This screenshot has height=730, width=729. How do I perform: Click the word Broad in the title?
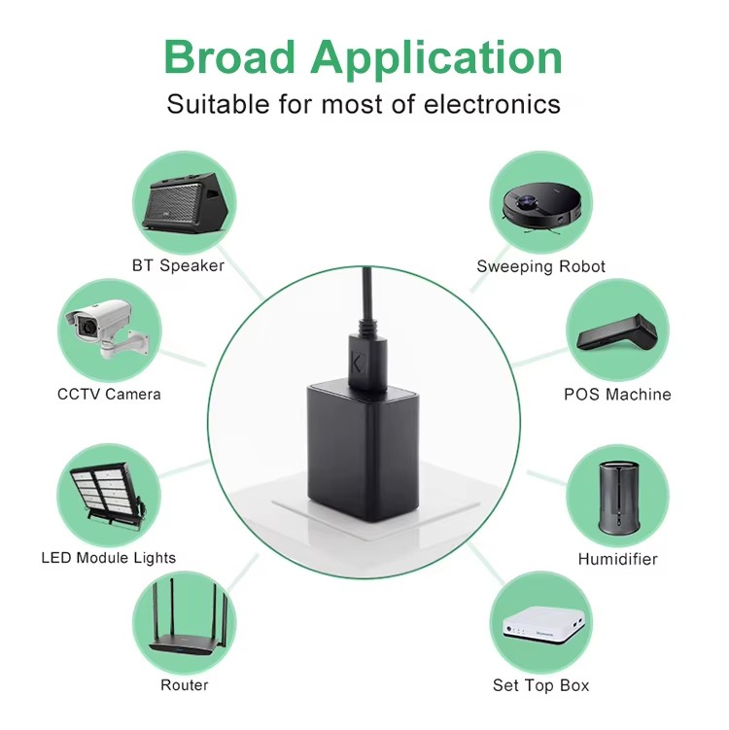click(x=230, y=56)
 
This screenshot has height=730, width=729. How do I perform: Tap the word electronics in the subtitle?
click(x=492, y=104)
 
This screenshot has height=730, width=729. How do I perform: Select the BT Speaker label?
click(x=178, y=265)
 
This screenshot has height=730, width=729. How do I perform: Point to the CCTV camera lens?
click(x=87, y=327)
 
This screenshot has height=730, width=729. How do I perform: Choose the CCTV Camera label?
click(x=109, y=395)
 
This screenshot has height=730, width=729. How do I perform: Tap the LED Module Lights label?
click(x=109, y=558)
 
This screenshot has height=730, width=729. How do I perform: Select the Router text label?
click(x=185, y=685)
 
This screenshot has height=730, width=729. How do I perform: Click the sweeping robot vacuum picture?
click(x=542, y=208)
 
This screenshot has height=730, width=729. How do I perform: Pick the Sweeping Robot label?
click(x=541, y=266)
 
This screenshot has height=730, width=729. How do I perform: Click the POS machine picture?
click(x=617, y=331)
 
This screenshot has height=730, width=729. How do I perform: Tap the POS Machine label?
click(x=617, y=395)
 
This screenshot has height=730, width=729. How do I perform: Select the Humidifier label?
click(x=618, y=559)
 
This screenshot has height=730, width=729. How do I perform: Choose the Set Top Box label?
click(x=541, y=685)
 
